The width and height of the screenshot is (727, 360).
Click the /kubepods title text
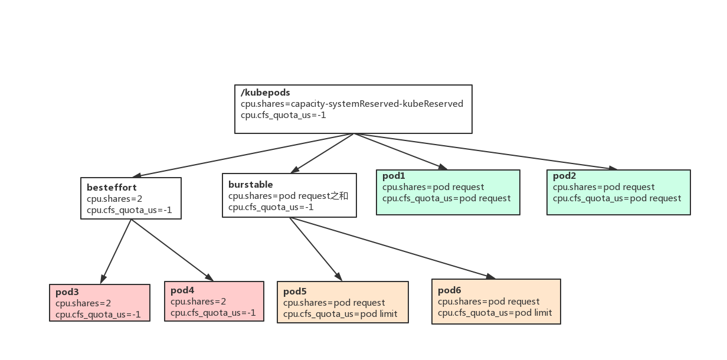click(x=265, y=93)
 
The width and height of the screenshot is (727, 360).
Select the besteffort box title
click(x=112, y=188)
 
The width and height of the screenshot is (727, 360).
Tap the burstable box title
click(x=250, y=185)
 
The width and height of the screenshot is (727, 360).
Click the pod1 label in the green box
click(x=394, y=176)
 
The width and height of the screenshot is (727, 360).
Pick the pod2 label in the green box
click(x=564, y=176)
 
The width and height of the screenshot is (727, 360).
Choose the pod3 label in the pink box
click(x=67, y=292)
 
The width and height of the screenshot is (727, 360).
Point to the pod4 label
click(x=182, y=290)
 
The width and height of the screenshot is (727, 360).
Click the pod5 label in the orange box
click(x=295, y=292)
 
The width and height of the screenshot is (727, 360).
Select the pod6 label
click(x=450, y=290)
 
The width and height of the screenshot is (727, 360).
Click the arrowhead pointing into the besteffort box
click(x=137, y=175)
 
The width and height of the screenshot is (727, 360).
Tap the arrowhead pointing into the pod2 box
click(x=613, y=169)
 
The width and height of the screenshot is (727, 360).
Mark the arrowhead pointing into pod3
click(x=103, y=279)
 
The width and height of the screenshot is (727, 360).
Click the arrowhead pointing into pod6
click(x=491, y=276)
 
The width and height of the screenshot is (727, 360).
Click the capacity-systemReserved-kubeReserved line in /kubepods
click(x=352, y=104)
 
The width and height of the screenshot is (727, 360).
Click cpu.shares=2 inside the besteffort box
click(x=114, y=199)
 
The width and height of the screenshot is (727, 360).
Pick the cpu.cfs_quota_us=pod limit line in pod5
click(x=340, y=314)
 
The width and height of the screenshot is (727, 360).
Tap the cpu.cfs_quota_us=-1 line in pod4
click(x=213, y=313)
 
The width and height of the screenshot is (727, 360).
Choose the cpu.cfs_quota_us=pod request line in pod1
click(x=446, y=198)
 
